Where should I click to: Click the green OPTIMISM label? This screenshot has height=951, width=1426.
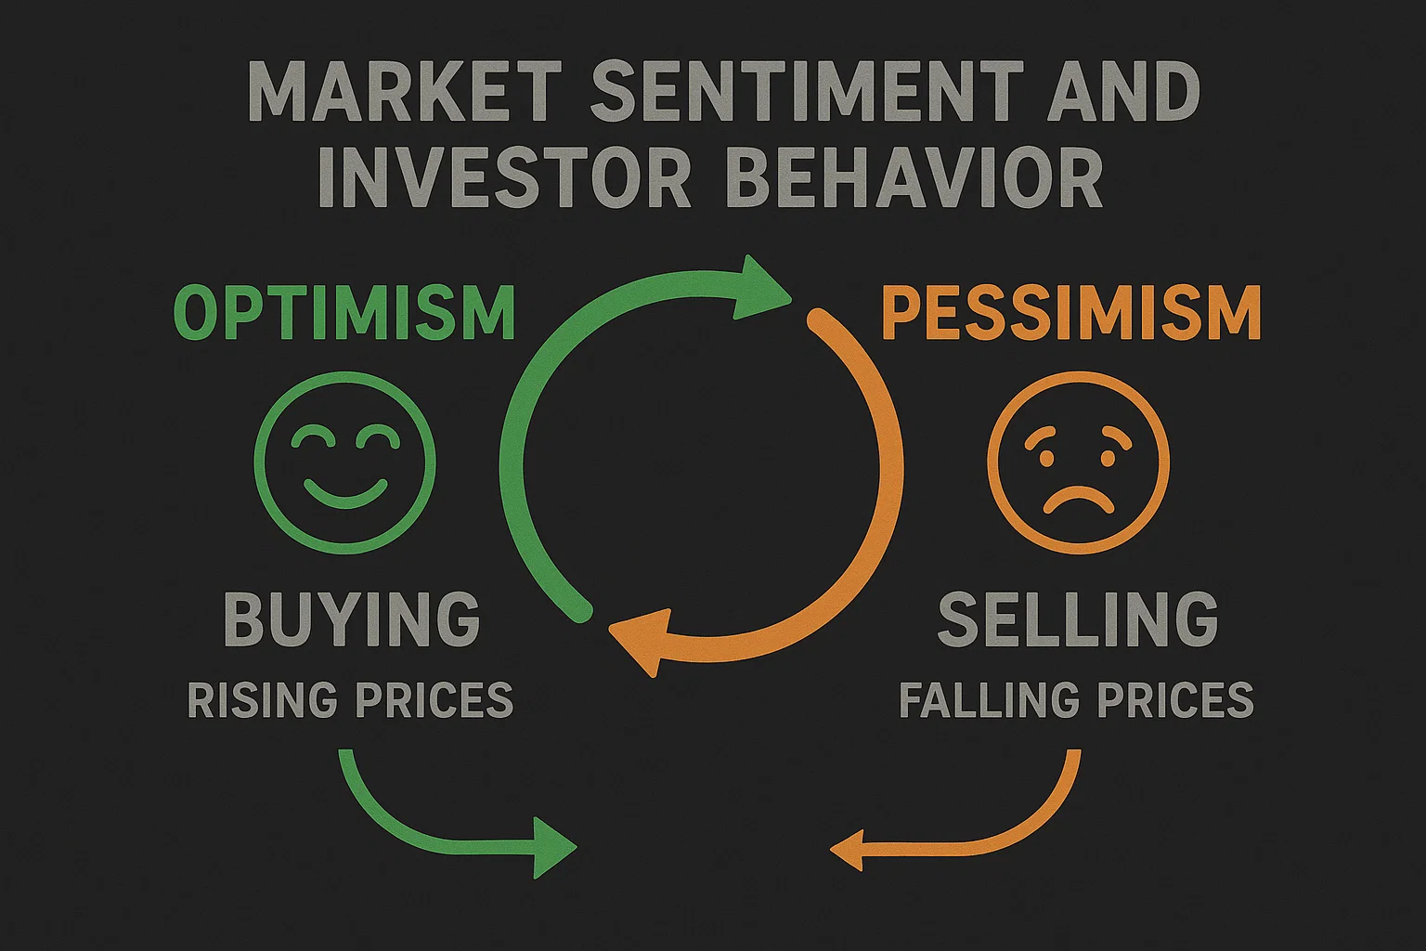click(344, 313)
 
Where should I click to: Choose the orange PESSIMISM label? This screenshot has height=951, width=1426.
click(1071, 313)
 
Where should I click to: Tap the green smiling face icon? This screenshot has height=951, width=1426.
click(344, 463)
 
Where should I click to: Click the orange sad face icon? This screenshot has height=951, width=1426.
click(1078, 463)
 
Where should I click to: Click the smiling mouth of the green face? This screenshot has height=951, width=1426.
click(344, 492)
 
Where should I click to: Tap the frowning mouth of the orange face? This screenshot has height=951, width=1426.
click(1078, 499)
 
